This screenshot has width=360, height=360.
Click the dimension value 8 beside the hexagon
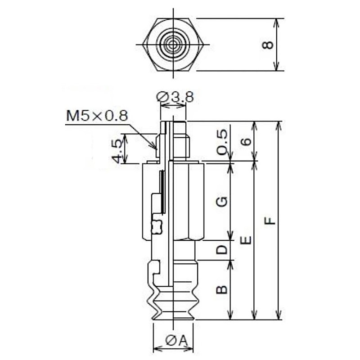268,45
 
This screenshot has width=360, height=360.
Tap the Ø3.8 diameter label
175,97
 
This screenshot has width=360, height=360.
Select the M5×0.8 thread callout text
97,116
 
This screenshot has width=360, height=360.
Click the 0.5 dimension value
222,142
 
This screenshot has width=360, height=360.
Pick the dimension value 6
246,141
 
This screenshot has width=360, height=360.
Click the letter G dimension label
222,202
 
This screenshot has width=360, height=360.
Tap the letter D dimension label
222,250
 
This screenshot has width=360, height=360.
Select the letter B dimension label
222,290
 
